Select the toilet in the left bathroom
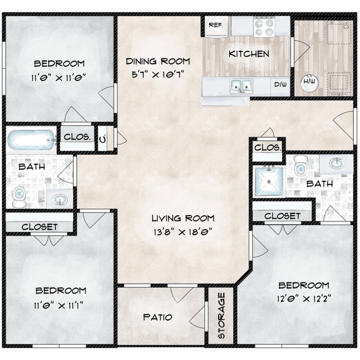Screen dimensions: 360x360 point(19,196)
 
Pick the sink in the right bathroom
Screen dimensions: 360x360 point(336,164)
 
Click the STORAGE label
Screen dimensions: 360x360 point(222,322)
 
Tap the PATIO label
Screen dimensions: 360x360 point(157,317)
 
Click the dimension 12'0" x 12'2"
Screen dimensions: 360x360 point(304,300)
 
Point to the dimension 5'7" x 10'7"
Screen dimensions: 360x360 point(157,74)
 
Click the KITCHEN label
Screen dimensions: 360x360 point(249,54)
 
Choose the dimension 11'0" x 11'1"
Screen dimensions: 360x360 point(61,305)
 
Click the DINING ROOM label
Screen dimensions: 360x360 point(158,61)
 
